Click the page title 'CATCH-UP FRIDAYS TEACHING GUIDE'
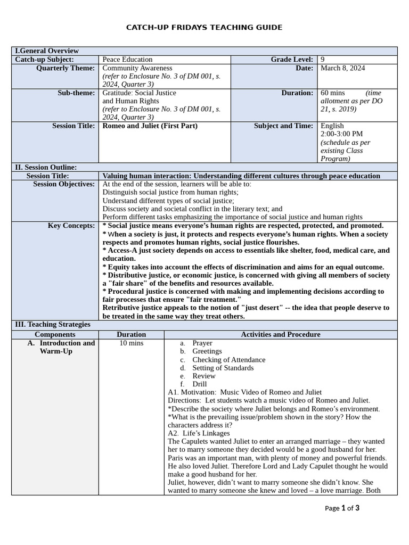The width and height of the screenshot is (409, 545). pyautogui.click(x=204, y=27)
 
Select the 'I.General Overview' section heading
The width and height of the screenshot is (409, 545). pyautogui.click(x=47, y=51)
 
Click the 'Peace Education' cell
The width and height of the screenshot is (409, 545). pyautogui.click(x=127, y=60)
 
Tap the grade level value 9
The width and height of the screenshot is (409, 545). pyautogui.click(x=323, y=60)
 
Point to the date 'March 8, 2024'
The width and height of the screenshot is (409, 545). pyautogui.click(x=342, y=68)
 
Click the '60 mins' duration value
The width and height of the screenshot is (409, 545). pyautogui.click(x=333, y=93)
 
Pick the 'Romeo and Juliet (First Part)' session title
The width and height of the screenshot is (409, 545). pyautogui.click(x=150, y=126)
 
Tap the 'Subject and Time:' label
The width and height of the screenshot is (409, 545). pyautogui.click(x=283, y=126)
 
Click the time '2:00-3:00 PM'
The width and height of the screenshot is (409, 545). pyautogui.click(x=341, y=134)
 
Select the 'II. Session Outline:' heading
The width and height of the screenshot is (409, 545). pyautogui.click(x=46, y=167)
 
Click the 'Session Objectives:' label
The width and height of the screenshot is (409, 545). pyautogui.click(x=64, y=184)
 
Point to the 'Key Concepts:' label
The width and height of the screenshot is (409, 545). pyautogui.click(x=71, y=226)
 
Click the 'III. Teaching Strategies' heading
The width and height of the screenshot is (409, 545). pyautogui.click(x=52, y=324)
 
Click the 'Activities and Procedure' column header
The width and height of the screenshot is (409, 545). pyautogui.click(x=281, y=335)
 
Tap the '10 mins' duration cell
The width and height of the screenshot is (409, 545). pyautogui.click(x=131, y=343)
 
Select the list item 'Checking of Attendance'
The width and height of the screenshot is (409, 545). pyautogui.click(x=228, y=360)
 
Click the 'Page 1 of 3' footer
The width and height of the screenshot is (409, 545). pyautogui.click(x=342, y=508)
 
